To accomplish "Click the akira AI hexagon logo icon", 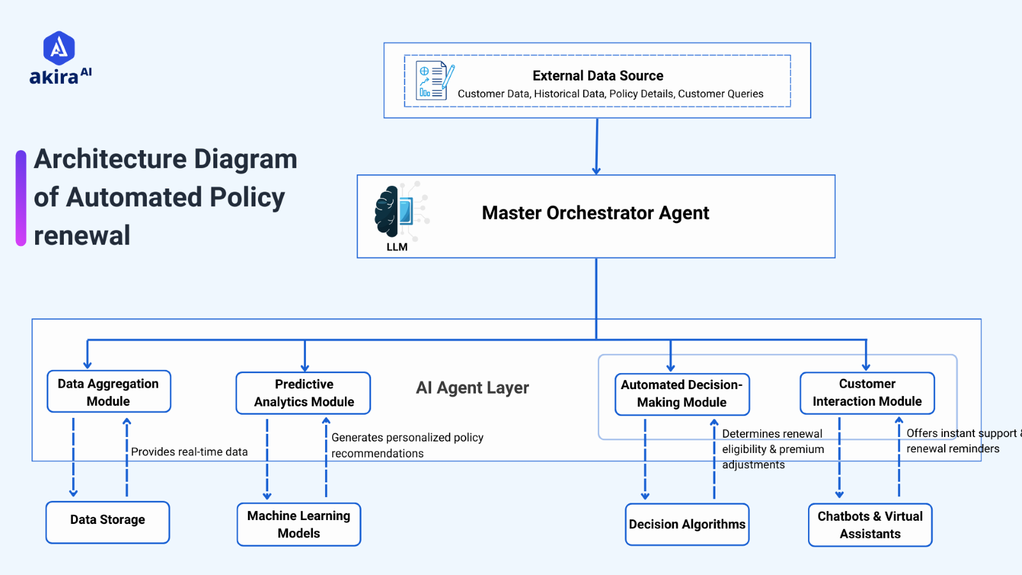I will coord(59,48).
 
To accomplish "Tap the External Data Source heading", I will coord(598,75).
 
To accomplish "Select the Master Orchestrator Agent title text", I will coord(595,213).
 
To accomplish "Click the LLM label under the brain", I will coord(397,247).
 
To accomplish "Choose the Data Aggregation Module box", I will coord(109,392).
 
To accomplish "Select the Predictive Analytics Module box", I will coord(303,393).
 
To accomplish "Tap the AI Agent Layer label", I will coord(473,388).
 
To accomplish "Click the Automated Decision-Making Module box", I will coord(682,394).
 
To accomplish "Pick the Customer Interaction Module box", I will coord(867,392).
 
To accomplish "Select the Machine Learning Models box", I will coord(298,525).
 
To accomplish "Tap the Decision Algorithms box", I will coord(687,525).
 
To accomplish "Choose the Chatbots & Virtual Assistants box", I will coord(870,525).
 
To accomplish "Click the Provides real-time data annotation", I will coord(189,452).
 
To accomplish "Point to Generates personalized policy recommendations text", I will coord(407,445).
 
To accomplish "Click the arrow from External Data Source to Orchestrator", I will coord(597,147).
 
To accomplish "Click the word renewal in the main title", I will coord(82,236).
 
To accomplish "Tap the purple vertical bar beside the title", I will coord(21,198).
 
